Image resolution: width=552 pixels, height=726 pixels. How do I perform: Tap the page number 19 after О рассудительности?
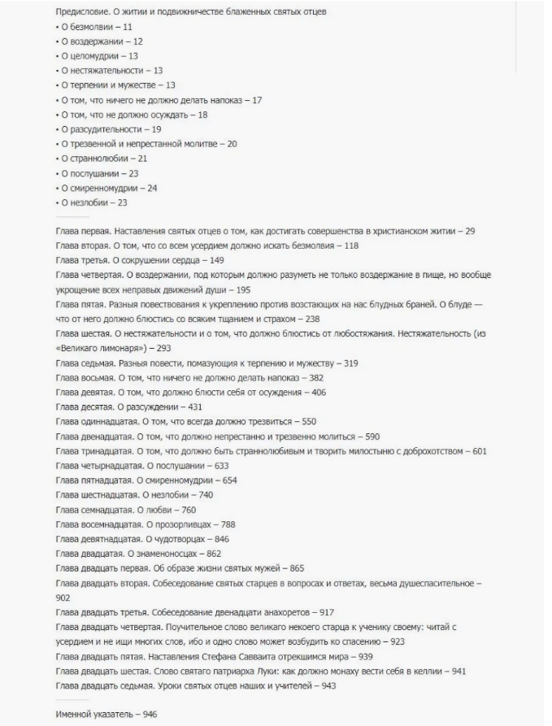tap(157, 128)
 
